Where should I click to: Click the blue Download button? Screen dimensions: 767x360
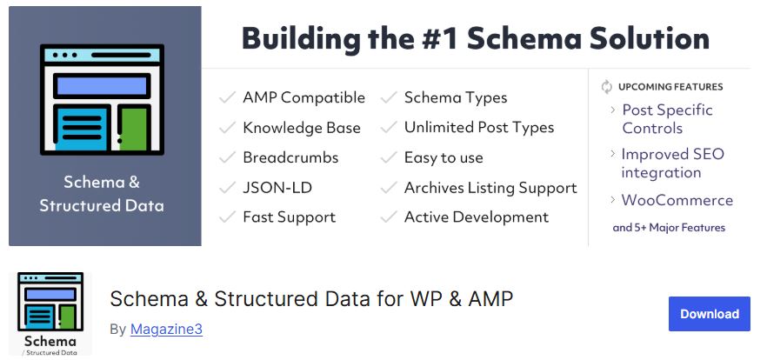pos(709,314)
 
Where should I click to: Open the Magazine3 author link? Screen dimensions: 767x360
pos(166,330)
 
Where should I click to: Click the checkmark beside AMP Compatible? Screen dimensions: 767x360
pos(228,97)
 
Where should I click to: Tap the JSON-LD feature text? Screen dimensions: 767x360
pos(277,188)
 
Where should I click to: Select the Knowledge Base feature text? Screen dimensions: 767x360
pos(302,128)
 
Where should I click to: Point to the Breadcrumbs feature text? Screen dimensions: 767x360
pos(290,158)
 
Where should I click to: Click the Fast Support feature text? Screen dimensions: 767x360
pos(289,217)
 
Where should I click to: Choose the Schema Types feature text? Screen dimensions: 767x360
pos(456,97)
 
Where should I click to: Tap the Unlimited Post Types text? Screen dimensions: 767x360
pos(479,128)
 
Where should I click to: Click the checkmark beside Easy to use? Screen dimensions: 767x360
pos(389,158)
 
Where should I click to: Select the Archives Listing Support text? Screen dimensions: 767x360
pos(490,188)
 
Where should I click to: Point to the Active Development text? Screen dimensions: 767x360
pos(477,217)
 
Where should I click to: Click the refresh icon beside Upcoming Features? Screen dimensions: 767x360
pos(607,87)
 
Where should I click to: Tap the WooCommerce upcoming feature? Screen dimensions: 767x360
pos(677,201)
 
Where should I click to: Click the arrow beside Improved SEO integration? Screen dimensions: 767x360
pos(612,154)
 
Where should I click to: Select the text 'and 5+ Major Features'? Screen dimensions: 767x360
pos(669,228)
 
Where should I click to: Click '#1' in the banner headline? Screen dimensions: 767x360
pos(439,38)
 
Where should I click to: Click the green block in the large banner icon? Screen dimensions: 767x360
pos(134,129)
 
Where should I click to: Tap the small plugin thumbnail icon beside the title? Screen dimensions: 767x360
pos(50,314)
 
